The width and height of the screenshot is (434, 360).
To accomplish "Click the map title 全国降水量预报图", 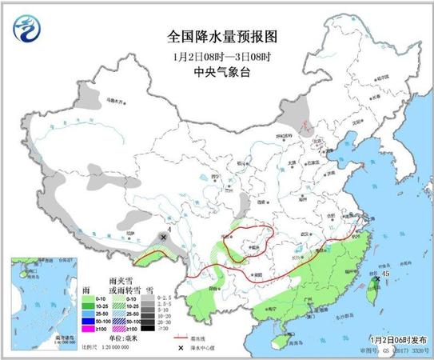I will [218, 37].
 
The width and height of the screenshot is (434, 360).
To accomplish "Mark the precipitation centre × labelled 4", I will [164, 238].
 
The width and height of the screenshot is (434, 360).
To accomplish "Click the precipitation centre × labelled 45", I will [376, 279].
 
